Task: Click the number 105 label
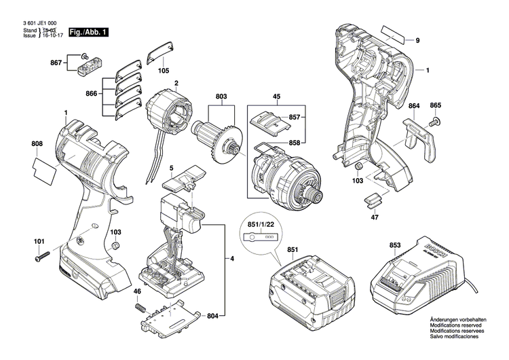click(164, 71)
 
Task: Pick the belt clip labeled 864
click(415, 139)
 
